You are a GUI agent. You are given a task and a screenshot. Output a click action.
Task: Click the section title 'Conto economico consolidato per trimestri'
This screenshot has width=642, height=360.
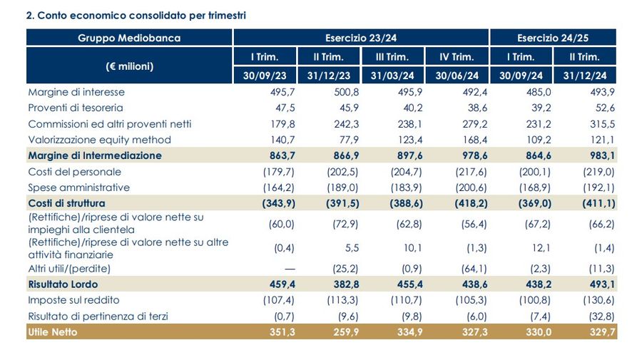point(136,15)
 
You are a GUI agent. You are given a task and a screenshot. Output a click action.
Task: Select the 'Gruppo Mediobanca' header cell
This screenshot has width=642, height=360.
point(129,38)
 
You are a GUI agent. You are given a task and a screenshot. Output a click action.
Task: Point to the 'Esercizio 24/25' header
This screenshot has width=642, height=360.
point(553,38)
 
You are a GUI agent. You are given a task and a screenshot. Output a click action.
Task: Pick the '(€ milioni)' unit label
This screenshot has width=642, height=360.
point(129,66)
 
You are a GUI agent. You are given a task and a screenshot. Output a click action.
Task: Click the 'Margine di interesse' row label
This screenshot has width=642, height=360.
point(76,92)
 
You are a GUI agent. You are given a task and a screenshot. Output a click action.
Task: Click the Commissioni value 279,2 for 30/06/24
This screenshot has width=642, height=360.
point(464,124)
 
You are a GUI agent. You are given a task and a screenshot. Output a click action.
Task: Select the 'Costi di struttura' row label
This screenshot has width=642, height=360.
point(67,203)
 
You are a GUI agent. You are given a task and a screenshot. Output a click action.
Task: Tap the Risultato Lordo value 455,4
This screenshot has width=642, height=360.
point(399,284)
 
